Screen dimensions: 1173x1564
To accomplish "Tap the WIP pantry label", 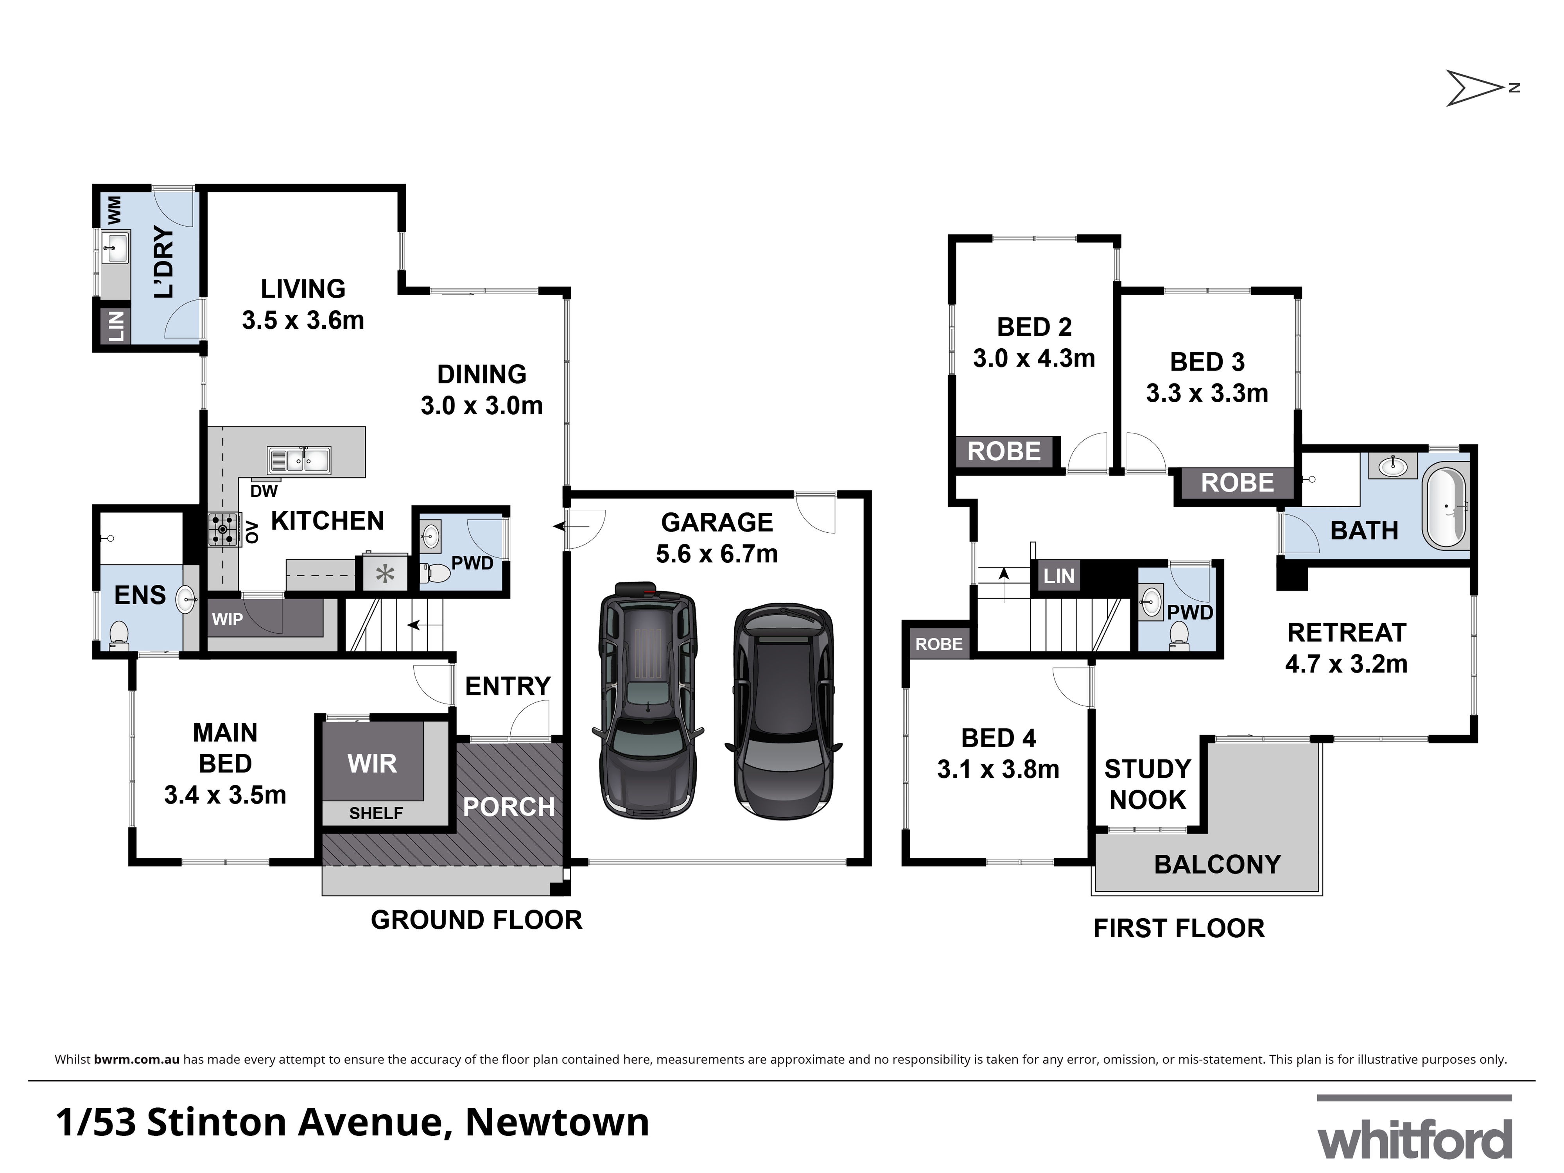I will click(228, 620).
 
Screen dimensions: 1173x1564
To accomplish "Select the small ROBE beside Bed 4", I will click(938, 644).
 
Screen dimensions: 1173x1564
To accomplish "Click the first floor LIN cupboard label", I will click(1058, 576).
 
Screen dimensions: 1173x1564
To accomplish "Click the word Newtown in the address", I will click(557, 1122).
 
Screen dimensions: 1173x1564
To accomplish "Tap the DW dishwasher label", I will click(264, 491).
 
